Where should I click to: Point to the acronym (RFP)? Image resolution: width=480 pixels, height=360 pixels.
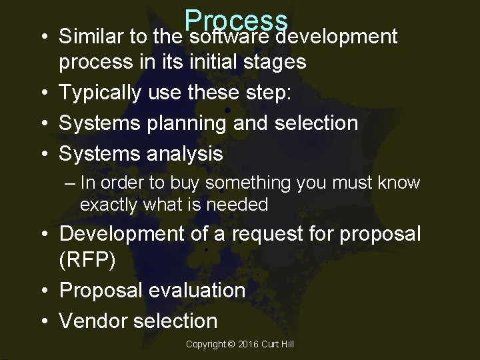87,259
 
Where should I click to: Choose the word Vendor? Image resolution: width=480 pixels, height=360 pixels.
95,321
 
